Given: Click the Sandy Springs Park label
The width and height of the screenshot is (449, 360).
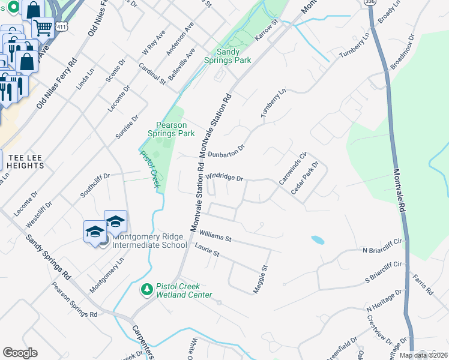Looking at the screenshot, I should click(x=234, y=56).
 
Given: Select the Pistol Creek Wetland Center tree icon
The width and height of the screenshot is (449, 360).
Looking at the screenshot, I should click(x=146, y=290).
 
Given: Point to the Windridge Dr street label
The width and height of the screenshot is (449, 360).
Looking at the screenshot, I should click(x=224, y=178).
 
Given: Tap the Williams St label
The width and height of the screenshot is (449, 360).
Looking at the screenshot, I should click(x=215, y=233).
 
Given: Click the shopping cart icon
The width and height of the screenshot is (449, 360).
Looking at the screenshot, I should click(x=43, y=27).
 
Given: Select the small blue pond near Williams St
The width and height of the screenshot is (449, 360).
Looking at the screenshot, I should click(x=318, y=240).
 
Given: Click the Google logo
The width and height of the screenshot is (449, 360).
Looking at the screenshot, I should click(x=20, y=352).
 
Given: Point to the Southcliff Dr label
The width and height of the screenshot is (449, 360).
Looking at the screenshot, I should click(x=95, y=185).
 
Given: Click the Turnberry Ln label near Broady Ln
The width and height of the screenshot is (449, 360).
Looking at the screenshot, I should click(x=355, y=45).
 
